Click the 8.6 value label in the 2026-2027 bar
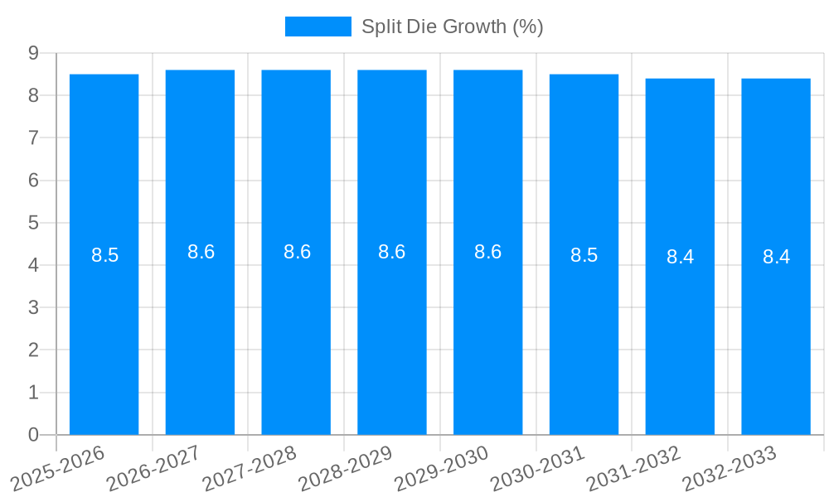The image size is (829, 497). (x=201, y=253)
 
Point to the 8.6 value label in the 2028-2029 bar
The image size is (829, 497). (x=392, y=253)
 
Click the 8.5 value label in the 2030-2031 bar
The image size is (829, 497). (x=584, y=256)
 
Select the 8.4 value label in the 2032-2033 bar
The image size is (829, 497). (x=776, y=258)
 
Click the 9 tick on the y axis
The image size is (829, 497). (x=33, y=53)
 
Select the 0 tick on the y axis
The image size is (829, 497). (x=33, y=435)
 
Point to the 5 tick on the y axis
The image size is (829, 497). (x=33, y=223)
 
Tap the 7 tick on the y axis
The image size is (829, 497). (x=33, y=138)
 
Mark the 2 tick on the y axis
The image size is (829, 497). (x=33, y=350)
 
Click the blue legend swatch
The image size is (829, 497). (x=318, y=27)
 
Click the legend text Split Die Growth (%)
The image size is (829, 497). (x=452, y=27)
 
